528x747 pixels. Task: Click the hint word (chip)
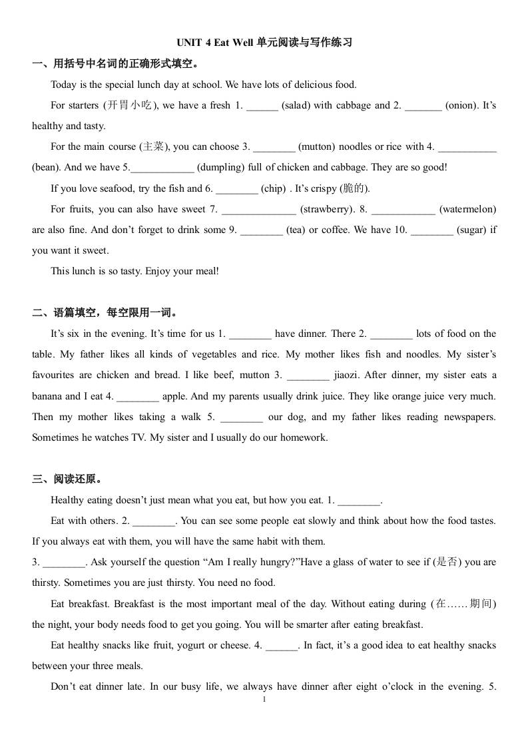[x=274, y=188]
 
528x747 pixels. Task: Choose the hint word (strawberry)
[x=327, y=209]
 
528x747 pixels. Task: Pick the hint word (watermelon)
[x=467, y=209]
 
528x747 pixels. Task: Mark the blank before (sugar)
[x=431, y=230]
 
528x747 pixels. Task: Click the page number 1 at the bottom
[x=264, y=700]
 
